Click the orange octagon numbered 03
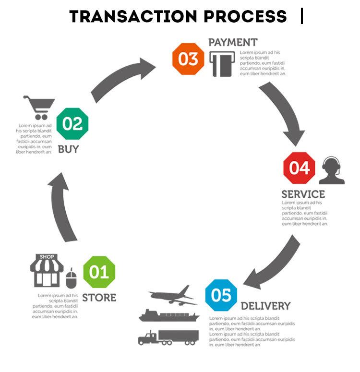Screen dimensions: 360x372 coord(188,59)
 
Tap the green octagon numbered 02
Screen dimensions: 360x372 coord(72,124)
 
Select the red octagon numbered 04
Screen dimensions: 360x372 coord(299,168)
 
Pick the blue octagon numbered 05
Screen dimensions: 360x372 coord(221,295)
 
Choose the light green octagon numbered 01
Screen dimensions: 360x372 coord(99,272)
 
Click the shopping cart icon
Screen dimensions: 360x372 coord(39,108)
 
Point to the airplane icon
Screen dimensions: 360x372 coord(173,295)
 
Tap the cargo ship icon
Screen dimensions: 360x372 coord(169,315)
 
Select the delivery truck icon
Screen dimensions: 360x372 coord(168,337)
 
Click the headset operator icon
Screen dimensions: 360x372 coord(332,170)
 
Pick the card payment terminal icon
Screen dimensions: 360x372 coord(222,64)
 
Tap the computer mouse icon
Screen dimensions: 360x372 coord(71,278)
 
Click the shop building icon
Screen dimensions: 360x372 coord(47,270)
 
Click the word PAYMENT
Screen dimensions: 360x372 coord(233,43)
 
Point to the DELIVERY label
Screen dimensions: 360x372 coord(265,306)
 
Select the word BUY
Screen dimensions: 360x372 coord(68,149)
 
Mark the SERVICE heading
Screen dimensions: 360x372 coord(303,194)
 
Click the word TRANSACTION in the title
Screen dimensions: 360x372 coord(133,16)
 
